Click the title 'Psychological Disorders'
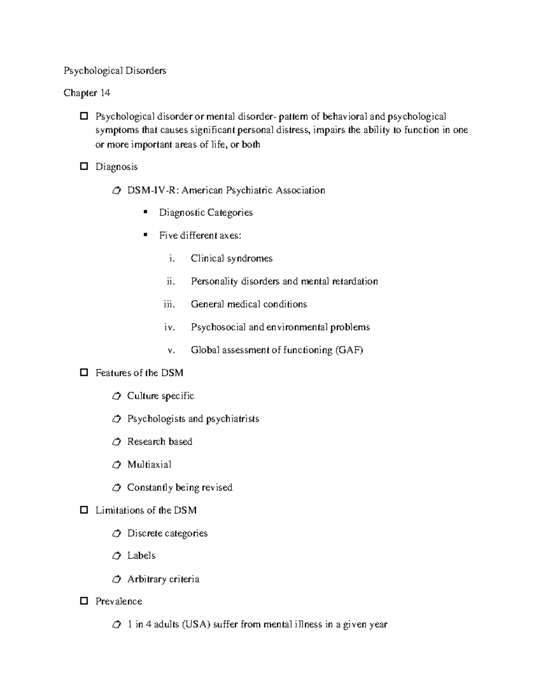115,71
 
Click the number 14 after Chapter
105,93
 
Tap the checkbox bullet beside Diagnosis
83,166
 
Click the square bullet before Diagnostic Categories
145,212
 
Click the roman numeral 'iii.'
169,304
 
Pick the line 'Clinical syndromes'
231,258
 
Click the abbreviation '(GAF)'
349,350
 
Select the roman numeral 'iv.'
169,327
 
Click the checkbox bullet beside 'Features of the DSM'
83,373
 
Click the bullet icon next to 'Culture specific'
116,396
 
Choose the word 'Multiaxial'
149,464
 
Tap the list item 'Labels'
141,556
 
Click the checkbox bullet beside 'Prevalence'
83,601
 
